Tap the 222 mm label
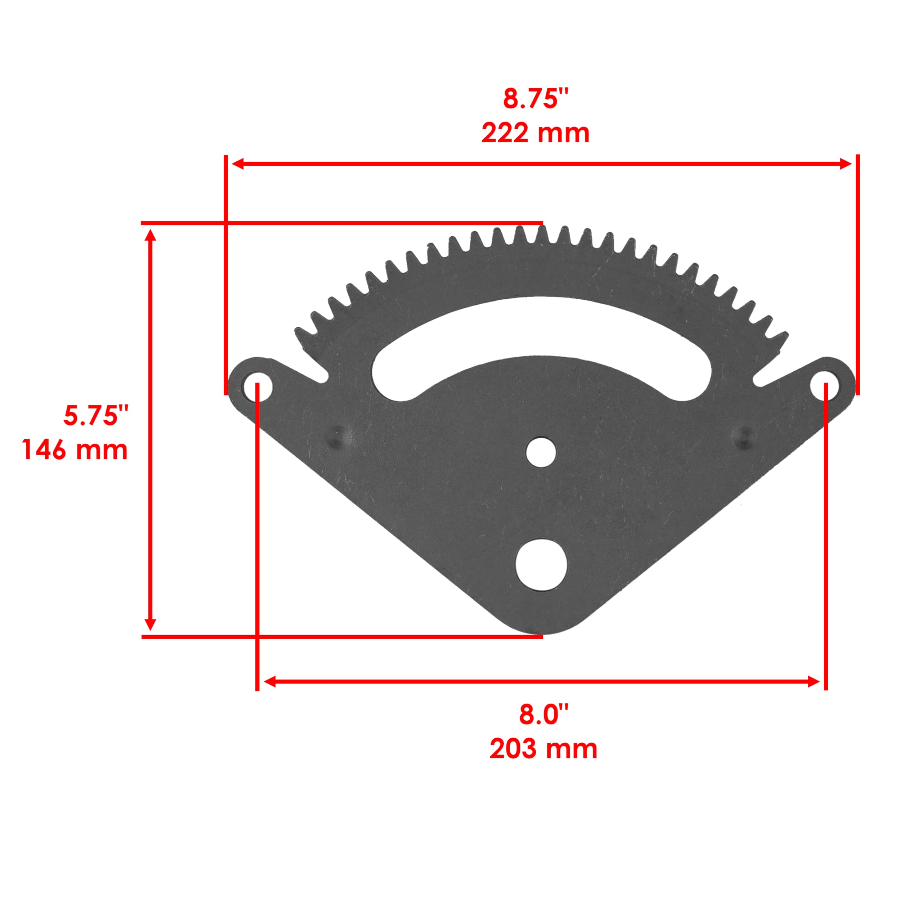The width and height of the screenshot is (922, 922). (535, 134)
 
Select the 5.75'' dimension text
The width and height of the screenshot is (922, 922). (96, 416)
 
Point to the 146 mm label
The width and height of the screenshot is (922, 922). (75, 450)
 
